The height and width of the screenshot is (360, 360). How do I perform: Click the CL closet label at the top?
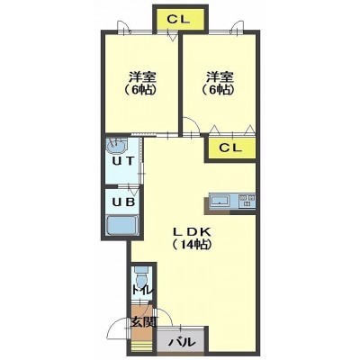pos(178,20)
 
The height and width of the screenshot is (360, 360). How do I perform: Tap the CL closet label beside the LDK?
pos(230,148)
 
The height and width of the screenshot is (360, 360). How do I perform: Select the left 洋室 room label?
pos(142,77)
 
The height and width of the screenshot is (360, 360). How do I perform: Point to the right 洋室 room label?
pos(220,77)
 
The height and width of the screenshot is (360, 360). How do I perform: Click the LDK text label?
pos(193,232)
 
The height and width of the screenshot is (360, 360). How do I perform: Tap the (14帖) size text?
pos(193,245)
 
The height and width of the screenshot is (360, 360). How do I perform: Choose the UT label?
pos(122,162)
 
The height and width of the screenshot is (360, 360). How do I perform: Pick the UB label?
pos(123,202)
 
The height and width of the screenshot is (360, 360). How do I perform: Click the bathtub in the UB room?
pos(122,226)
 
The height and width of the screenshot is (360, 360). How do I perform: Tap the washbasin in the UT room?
pos(116,147)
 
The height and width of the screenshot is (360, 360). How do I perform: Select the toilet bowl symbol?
pos(140,276)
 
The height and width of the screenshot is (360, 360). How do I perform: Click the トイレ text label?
pos(143,291)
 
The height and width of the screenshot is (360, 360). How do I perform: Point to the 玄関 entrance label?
pos(143,322)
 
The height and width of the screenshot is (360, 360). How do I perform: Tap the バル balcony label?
pos(182,342)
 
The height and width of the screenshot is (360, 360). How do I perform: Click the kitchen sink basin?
pos(220,200)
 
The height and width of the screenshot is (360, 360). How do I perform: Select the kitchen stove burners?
pos(247,201)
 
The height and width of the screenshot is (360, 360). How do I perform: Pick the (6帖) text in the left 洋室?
pos(140,89)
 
